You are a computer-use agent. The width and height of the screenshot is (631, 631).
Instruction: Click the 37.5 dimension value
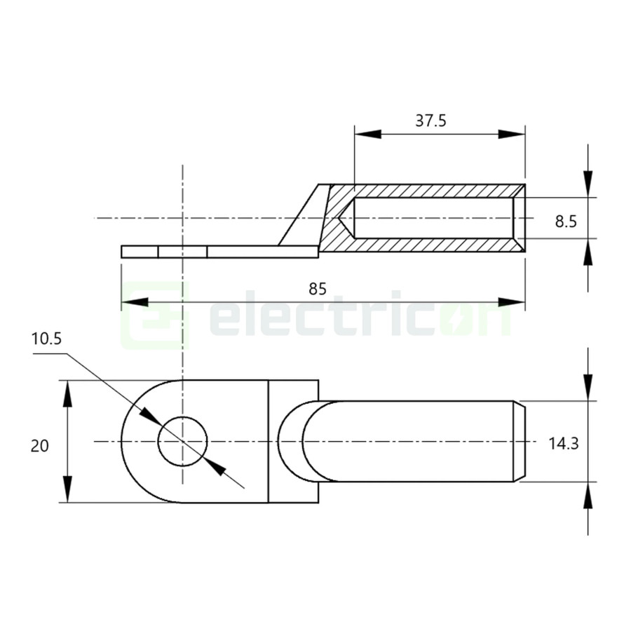(x=430, y=121)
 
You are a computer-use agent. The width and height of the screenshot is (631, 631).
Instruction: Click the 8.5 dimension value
(x=565, y=222)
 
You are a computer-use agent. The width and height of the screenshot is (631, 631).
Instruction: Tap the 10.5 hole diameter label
(x=47, y=339)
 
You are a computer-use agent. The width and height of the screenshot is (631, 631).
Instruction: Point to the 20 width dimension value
(x=40, y=445)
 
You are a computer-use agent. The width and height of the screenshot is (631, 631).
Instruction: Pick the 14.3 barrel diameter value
(x=563, y=443)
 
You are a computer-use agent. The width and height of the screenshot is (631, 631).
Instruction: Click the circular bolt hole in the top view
(x=183, y=442)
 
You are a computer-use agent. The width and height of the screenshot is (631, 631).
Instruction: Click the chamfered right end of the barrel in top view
(x=522, y=442)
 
